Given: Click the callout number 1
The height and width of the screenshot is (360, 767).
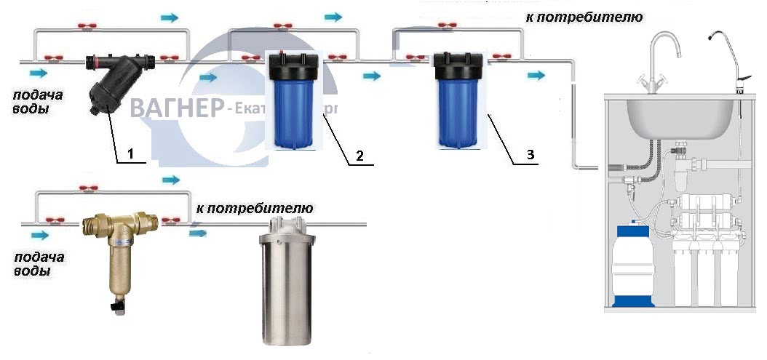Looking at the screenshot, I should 131,153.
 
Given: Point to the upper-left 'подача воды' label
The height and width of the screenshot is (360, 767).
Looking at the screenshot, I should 39,103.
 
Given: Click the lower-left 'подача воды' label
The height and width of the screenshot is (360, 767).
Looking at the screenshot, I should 39,264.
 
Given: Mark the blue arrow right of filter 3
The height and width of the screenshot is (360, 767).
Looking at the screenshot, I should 536,76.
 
